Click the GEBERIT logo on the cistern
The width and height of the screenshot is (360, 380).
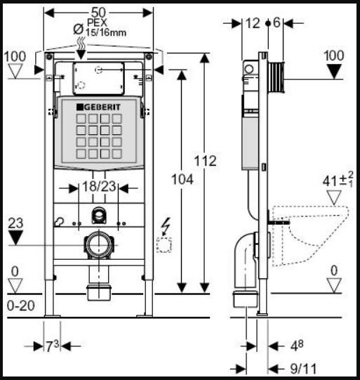click(x=98, y=107)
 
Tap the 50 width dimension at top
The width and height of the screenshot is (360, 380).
click(x=98, y=13)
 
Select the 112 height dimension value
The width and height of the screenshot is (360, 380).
click(x=206, y=161)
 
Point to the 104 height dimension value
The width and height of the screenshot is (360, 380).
click(x=182, y=180)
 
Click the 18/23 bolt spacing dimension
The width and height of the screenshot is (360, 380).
click(x=99, y=186)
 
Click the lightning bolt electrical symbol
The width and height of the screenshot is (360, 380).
click(x=166, y=227)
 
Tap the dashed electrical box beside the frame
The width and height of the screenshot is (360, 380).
click(x=164, y=245)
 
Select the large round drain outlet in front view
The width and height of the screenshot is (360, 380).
click(x=99, y=245)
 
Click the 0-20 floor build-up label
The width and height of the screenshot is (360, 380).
click(x=20, y=306)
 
